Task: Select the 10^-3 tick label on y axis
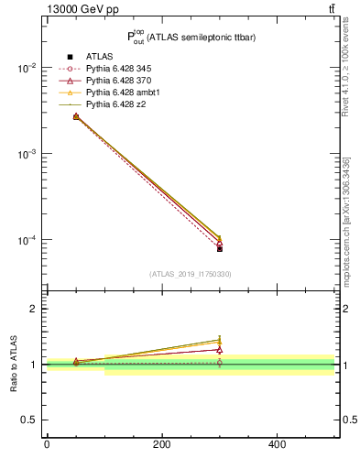point(28,155)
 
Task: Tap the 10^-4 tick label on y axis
point(28,241)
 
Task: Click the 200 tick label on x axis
point(161,444)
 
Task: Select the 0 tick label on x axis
point(47,444)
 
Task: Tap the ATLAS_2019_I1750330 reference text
point(191,274)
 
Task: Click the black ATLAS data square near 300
point(220,248)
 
